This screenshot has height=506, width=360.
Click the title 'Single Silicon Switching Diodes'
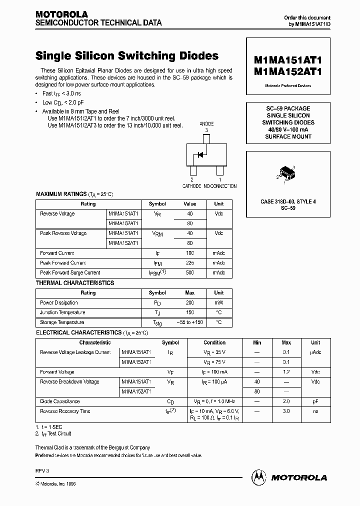coord(127,56)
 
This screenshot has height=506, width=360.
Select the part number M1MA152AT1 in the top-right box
coord(288,71)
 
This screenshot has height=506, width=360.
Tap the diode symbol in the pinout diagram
coord(200,154)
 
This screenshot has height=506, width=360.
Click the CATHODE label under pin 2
coord(191,186)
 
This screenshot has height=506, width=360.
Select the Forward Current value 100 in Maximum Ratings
coord(190,253)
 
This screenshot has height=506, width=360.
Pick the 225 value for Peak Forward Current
coord(190,263)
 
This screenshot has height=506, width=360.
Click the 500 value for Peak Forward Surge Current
coord(190,273)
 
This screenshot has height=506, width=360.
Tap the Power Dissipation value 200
coord(190,303)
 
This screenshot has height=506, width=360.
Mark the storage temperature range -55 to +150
coord(190,322)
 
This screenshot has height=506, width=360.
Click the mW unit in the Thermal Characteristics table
coord(219,303)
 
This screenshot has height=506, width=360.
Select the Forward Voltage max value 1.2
coord(286,372)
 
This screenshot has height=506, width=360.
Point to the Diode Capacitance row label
coord(60,401)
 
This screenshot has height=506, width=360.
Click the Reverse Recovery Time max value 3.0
coord(286,411)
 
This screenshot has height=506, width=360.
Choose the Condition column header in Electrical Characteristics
coord(214,342)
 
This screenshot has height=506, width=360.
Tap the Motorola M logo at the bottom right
coord(259,477)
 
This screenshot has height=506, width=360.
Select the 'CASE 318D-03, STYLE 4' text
coord(288,201)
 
